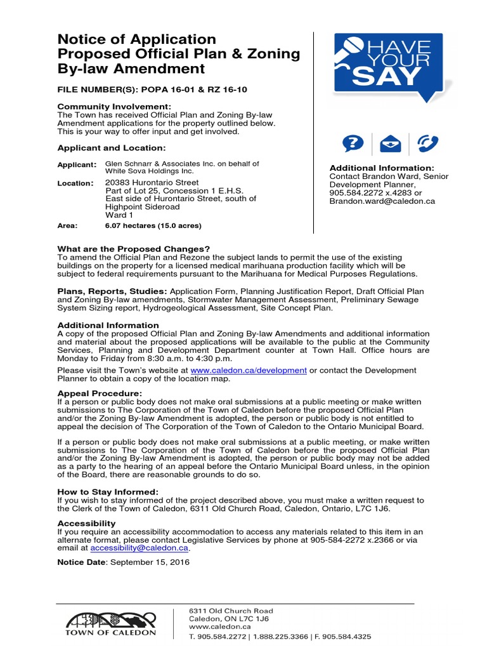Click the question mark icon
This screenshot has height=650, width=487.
[x=353, y=143]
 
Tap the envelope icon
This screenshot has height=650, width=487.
[x=389, y=143]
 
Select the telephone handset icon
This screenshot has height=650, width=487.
[x=426, y=143]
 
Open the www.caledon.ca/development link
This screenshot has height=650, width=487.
[x=249, y=369]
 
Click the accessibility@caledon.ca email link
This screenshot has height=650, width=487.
[x=140, y=547]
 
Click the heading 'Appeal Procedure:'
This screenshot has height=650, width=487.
[x=100, y=394]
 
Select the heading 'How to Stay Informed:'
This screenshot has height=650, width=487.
[x=108, y=491]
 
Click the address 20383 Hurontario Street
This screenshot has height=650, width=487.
[x=152, y=182]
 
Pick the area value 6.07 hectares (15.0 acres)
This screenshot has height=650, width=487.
[x=153, y=225]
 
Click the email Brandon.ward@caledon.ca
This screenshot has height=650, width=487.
[x=382, y=201]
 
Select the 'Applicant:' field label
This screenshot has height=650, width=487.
[x=77, y=164]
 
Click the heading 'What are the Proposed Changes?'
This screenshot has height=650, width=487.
[x=133, y=248]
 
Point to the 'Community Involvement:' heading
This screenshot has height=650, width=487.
[x=114, y=106]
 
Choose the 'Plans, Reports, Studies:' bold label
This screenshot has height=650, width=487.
[x=112, y=291]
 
